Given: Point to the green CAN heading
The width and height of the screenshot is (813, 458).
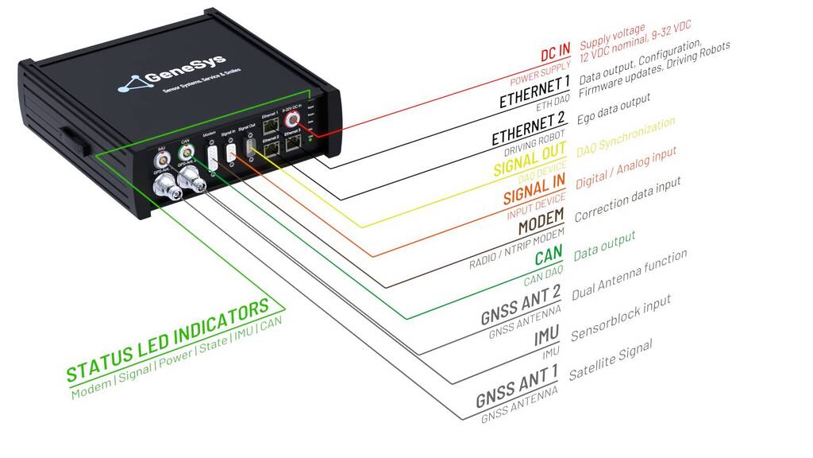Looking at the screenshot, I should [549, 256].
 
